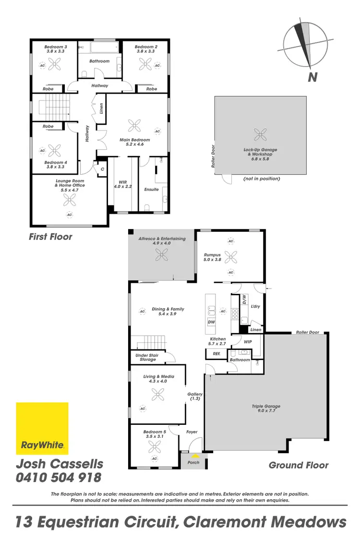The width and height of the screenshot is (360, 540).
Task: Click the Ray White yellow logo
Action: (42, 428)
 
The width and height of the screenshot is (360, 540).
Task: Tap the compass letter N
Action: (313, 77)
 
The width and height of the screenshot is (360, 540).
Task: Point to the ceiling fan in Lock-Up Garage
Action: (261, 133)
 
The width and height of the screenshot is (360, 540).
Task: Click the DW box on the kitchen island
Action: (211, 322)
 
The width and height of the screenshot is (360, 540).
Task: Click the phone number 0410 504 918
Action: (59, 478)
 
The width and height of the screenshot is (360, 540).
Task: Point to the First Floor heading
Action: (50, 237)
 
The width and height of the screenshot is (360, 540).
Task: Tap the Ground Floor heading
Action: (299, 465)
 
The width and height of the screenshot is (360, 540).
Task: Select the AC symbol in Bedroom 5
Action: (155, 459)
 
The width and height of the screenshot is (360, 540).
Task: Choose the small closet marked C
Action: (102, 169)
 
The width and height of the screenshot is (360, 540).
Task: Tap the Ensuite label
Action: (151, 190)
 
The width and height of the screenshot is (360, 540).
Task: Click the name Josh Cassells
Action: (60, 464)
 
